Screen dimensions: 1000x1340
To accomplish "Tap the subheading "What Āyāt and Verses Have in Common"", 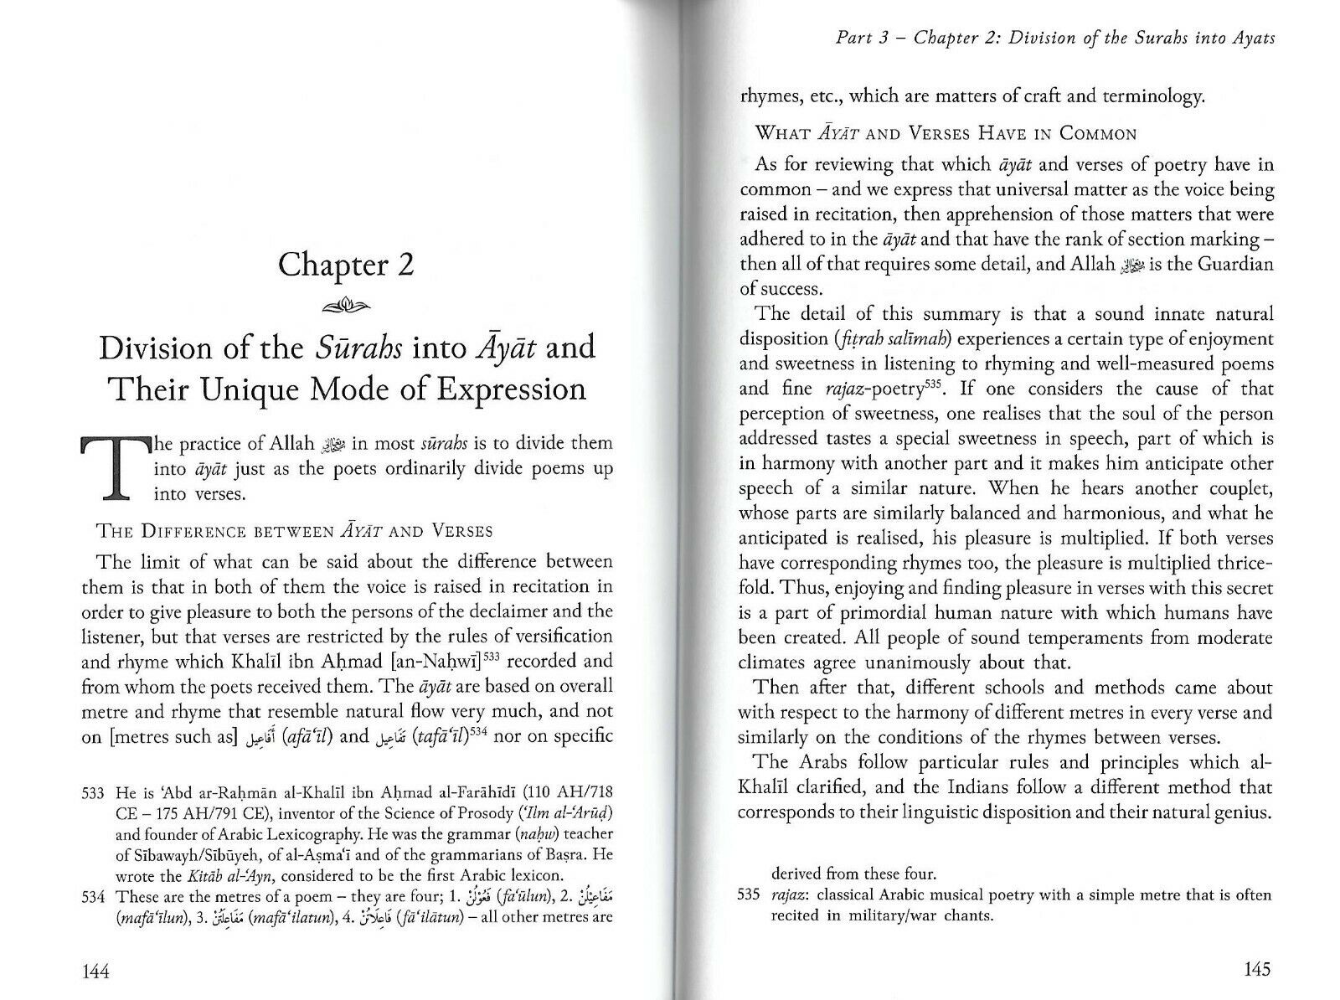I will (946, 133).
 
